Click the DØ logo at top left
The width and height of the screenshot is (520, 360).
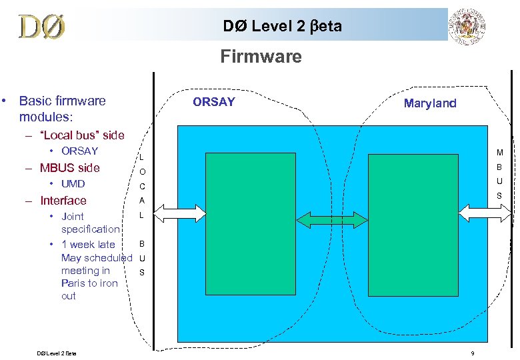coord(42,26)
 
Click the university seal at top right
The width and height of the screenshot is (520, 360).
coord(469,27)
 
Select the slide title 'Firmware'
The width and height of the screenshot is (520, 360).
coord(261,57)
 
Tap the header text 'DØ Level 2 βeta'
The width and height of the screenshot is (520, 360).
coord(282,26)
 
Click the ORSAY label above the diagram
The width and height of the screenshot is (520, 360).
coord(213,102)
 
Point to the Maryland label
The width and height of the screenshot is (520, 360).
coord(430,103)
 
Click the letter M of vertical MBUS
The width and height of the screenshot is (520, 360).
coord(500,153)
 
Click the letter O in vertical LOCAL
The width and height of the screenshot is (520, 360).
coord(142,172)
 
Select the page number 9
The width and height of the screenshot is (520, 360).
coord(472,353)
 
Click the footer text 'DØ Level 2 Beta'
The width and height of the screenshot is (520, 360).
coord(57,353)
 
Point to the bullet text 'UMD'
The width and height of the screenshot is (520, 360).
coord(73,184)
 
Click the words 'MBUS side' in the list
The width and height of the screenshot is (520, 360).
coord(70,168)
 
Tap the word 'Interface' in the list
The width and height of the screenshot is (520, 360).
coord(63,201)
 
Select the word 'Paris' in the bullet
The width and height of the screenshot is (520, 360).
coord(73,283)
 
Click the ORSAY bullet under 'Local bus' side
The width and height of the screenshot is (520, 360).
coord(79,151)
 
